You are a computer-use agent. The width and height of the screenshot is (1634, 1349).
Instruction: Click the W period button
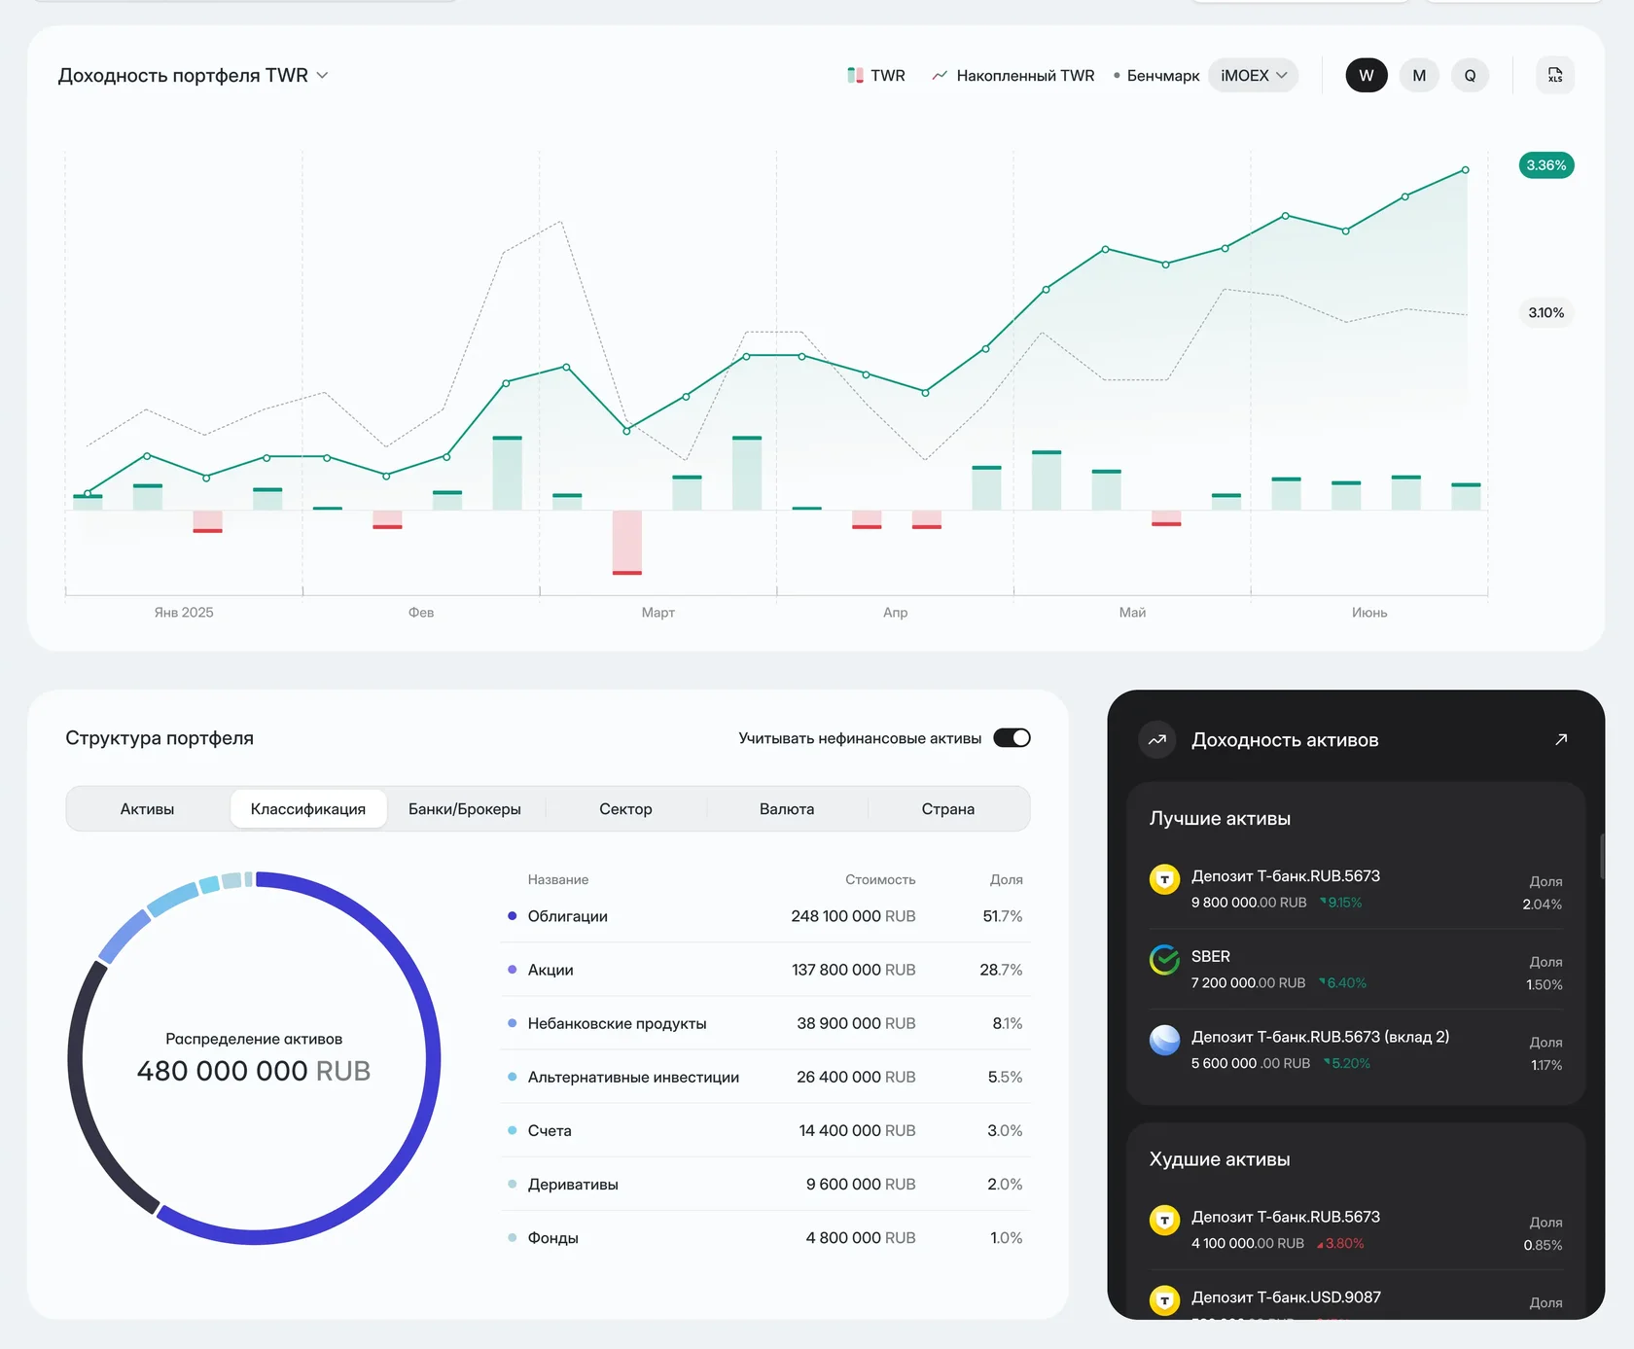(x=1367, y=75)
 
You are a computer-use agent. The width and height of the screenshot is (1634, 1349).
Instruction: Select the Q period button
(x=1470, y=75)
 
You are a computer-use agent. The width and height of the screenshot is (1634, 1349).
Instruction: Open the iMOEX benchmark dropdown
(x=1253, y=75)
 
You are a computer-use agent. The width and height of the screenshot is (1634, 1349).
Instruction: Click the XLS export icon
(x=1555, y=75)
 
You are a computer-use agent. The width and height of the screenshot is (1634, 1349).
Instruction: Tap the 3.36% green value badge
(x=1546, y=165)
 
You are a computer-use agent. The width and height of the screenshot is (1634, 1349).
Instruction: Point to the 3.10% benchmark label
(x=1546, y=312)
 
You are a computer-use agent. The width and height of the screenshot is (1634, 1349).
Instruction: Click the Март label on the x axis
(x=658, y=612)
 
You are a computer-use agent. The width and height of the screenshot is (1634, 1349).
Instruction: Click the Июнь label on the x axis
(x=1369, y=612)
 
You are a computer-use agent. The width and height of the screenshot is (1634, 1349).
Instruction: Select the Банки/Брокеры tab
(x=465, y=809)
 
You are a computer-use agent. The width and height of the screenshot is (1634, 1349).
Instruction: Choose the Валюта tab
(x=787, y=809)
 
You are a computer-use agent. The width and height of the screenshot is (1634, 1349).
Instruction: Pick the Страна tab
(x=948, y=809)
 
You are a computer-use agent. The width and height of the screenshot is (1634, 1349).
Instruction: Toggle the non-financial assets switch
(x=1012, y=738)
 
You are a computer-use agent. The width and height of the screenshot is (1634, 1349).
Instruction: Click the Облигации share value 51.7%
(x=1003, y=916)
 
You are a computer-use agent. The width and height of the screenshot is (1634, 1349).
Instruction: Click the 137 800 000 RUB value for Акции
(x=854, y=970)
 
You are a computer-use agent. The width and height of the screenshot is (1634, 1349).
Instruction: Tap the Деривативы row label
(x=573, y=1184)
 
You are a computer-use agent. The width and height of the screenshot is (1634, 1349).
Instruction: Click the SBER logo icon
(x=1164, y=960)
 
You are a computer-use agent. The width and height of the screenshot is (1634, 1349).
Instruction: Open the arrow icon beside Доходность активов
(x=1561, y=739)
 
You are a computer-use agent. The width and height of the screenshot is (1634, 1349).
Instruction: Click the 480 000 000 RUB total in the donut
(x=254, y=1071)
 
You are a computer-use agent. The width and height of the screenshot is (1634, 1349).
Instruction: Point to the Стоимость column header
(x=880, y=879)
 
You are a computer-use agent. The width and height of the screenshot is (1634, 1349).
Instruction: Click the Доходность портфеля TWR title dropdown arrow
(x=323, y=75)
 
